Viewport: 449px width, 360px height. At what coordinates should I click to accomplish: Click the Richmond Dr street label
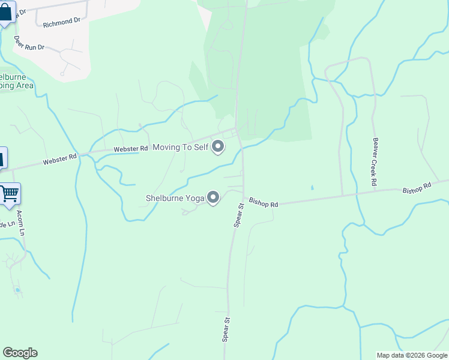[62, 22]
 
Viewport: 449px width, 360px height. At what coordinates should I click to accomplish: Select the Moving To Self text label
[179, 147]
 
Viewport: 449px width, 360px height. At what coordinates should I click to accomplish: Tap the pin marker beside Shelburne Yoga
[213, 197]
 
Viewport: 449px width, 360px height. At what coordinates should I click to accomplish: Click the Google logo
[20, 353]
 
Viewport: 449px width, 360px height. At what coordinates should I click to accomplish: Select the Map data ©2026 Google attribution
[411, 355]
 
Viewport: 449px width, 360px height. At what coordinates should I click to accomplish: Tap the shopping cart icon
[10, 194]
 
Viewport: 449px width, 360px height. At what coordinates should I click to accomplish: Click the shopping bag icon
[6, 12]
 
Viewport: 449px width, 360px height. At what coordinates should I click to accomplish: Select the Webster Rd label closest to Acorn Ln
[59, 158]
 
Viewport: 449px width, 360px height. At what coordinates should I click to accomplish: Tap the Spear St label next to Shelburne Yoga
[238, 214]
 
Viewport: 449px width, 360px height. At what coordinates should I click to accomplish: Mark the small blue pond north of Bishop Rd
[312, 188]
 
